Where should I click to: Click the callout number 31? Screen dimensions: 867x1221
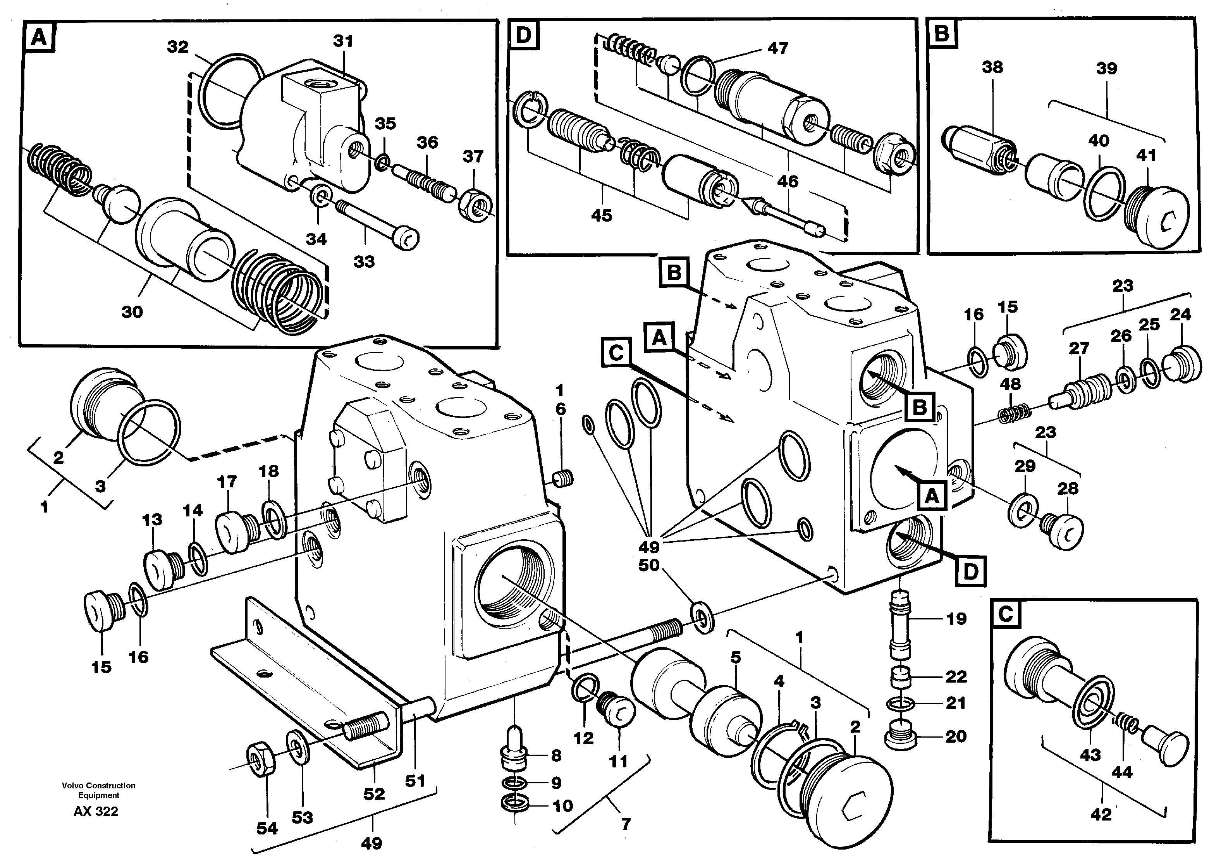point(343,41)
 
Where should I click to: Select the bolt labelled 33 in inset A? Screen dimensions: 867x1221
point(377,224)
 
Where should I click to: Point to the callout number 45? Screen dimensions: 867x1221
point(601,216)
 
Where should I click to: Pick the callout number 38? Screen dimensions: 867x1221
point(992,67)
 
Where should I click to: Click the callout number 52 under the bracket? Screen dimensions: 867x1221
point(374,794)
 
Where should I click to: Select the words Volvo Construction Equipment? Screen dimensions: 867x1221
point(99,790)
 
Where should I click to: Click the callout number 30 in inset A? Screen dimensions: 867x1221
point(132,312)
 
